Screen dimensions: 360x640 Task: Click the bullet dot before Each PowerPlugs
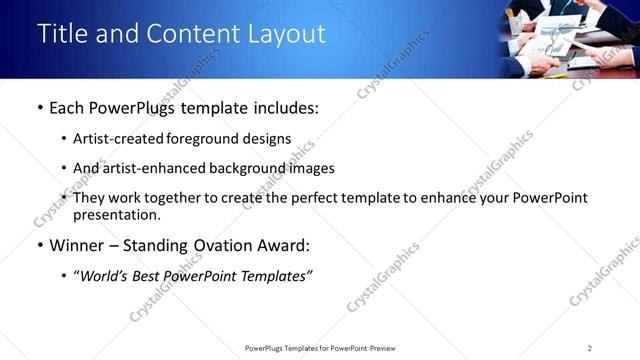40,107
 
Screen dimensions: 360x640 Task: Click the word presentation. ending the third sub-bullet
116,214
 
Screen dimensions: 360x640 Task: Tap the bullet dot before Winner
40,245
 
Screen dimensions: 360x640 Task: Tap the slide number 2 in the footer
590,348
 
